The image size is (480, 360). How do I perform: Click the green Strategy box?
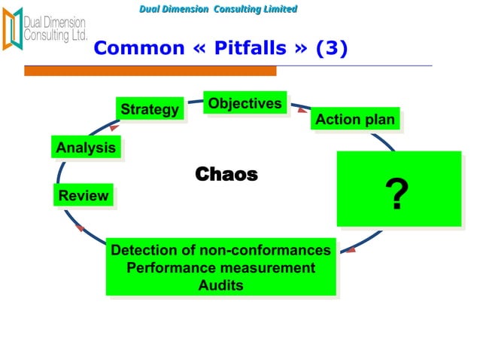click(x=150, y=110)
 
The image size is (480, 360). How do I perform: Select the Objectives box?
click(x=245, y=103)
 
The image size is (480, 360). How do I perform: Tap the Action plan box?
click(x=354, y=120)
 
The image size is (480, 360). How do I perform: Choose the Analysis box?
click(x=86, y=148)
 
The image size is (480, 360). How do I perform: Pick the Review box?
click(x=84, y=196)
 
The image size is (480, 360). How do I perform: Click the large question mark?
click(x=397, y=195)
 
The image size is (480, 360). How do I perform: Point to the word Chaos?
click(x=226, y=175)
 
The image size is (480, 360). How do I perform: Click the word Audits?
click(x=220, y=285)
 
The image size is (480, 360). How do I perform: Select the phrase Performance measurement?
click(x=220, y=268)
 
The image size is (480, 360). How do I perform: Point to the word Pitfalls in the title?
click(x=248, y=49)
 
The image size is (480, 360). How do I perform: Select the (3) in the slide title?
click(x=331, y=49)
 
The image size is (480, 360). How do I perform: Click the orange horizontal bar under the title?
click(x=150, y=71)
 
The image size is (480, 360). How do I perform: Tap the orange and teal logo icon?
click(x=12, y=28)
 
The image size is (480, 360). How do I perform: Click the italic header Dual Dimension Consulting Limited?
click(x=218, y=9)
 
